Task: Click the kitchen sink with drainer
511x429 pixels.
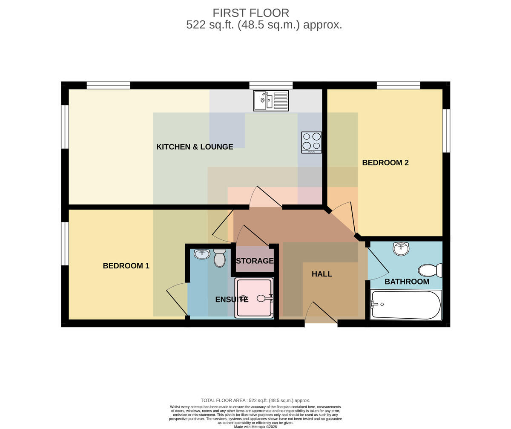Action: [271, 101]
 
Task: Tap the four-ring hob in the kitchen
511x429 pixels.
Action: [312, 143]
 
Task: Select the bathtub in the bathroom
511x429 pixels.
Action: [406, 305]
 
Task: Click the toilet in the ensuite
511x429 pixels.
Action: [220, 258]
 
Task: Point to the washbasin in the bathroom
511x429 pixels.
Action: [401, 248]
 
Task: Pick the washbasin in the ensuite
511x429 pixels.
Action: [202, 254]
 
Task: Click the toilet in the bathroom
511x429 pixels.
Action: [430, 271]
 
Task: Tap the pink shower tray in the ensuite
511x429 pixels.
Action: [254, 298]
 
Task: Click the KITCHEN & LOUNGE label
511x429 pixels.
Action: [195, 147]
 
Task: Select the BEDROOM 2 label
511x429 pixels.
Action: [385, 163]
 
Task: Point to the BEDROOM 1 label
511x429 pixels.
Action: [126, 266]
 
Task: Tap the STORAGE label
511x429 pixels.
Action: [255, 261]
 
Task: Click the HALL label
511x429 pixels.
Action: [322, 274]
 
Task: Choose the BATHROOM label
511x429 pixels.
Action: [407, 282]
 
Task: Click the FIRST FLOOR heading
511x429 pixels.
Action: [251, 13]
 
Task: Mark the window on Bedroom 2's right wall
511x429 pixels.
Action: [446, 131]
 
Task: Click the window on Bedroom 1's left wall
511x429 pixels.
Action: [65, 244]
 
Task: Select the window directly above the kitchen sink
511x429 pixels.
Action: [271, 85]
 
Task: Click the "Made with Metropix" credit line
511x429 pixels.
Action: [255, 427]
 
